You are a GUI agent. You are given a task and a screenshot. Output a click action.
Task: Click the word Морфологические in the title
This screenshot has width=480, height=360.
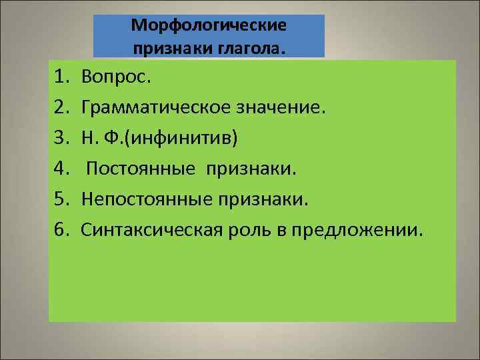point(209,25)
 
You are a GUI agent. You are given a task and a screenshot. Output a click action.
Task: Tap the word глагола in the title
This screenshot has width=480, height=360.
point(252,47)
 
